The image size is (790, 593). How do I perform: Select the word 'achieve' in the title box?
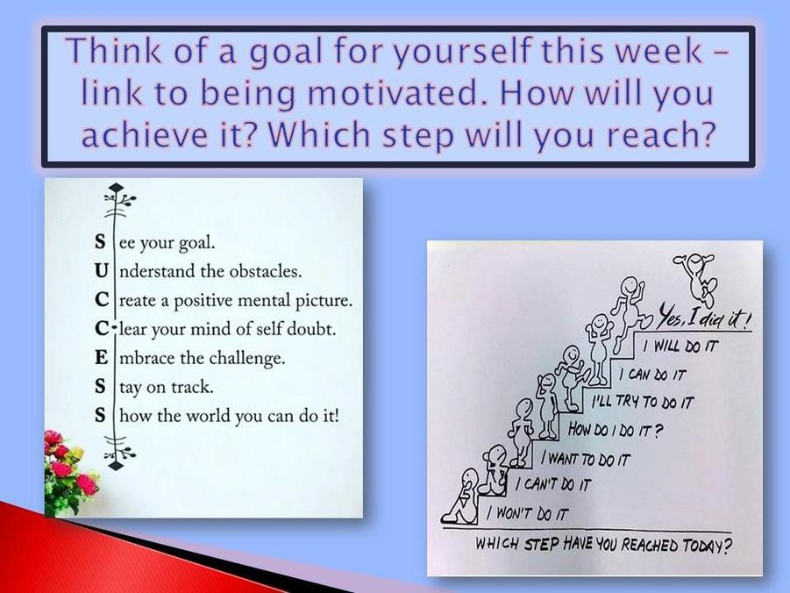pos(145,134)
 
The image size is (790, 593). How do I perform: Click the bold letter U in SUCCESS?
pos(101,271)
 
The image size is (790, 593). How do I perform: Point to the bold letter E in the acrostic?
pos(101,358)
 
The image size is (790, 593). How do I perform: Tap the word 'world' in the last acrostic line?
pos(208,416)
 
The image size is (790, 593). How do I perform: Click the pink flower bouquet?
pos(70,471)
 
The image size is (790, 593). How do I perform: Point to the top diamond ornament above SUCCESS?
pos(116,188)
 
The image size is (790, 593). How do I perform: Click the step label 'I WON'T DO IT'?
pos(527,513)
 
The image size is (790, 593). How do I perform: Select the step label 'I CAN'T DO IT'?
pos(552,484)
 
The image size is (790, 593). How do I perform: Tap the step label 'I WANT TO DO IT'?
pos(586,459)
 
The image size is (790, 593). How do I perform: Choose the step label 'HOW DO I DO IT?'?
pos(616,430)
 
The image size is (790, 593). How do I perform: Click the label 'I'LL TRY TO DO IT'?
pos(643,402)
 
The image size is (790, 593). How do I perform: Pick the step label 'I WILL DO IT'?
pos(680,346)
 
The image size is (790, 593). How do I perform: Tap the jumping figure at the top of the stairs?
pos(696,278)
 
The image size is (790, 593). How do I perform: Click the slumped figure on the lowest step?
pos(461,497)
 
